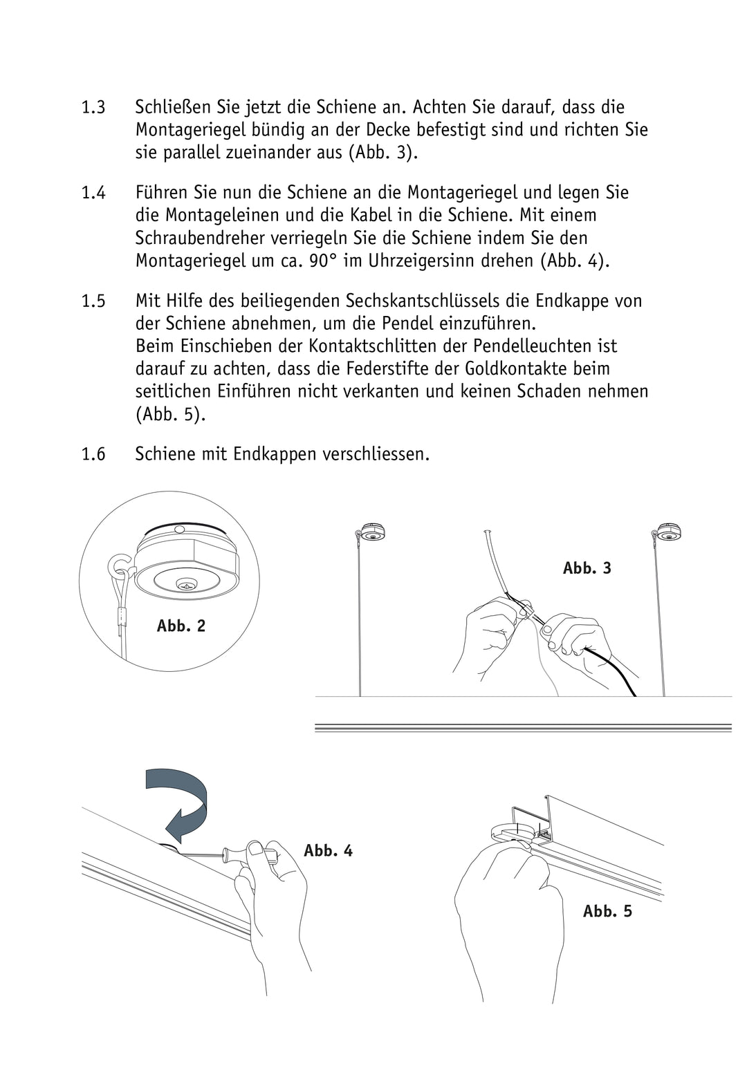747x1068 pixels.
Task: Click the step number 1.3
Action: click(x=93, y=108)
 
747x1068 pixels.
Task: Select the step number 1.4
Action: click(x=93, y=193)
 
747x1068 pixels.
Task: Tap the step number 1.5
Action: click(x=93, y=301)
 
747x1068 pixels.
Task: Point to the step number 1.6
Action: click(x=93, y=455)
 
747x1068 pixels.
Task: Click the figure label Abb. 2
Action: click(x=181, y=626)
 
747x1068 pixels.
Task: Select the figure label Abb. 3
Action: click(x=587, y=568)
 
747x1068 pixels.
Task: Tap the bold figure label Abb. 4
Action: click(x=329, y=851)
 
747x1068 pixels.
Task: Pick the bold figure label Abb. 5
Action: click(x=608, y=912)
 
